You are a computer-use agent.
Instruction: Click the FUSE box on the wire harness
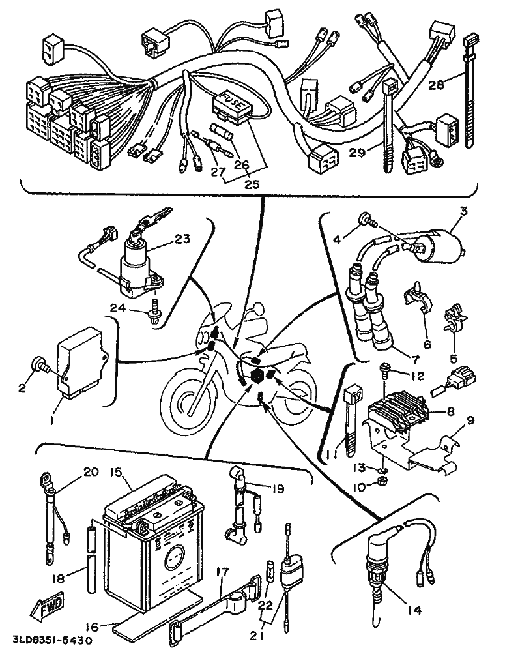tap(232, 106)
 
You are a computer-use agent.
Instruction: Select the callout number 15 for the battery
tap(117, 473)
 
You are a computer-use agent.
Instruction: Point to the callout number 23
tap(182, 239)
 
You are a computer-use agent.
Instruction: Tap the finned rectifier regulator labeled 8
tap(397, 409)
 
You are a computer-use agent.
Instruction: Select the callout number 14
tap(414, 610)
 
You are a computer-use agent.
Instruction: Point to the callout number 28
tap(436, 85)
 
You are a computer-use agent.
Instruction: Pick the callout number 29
tap(357, 153)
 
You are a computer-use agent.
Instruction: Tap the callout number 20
tap(92, 471)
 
